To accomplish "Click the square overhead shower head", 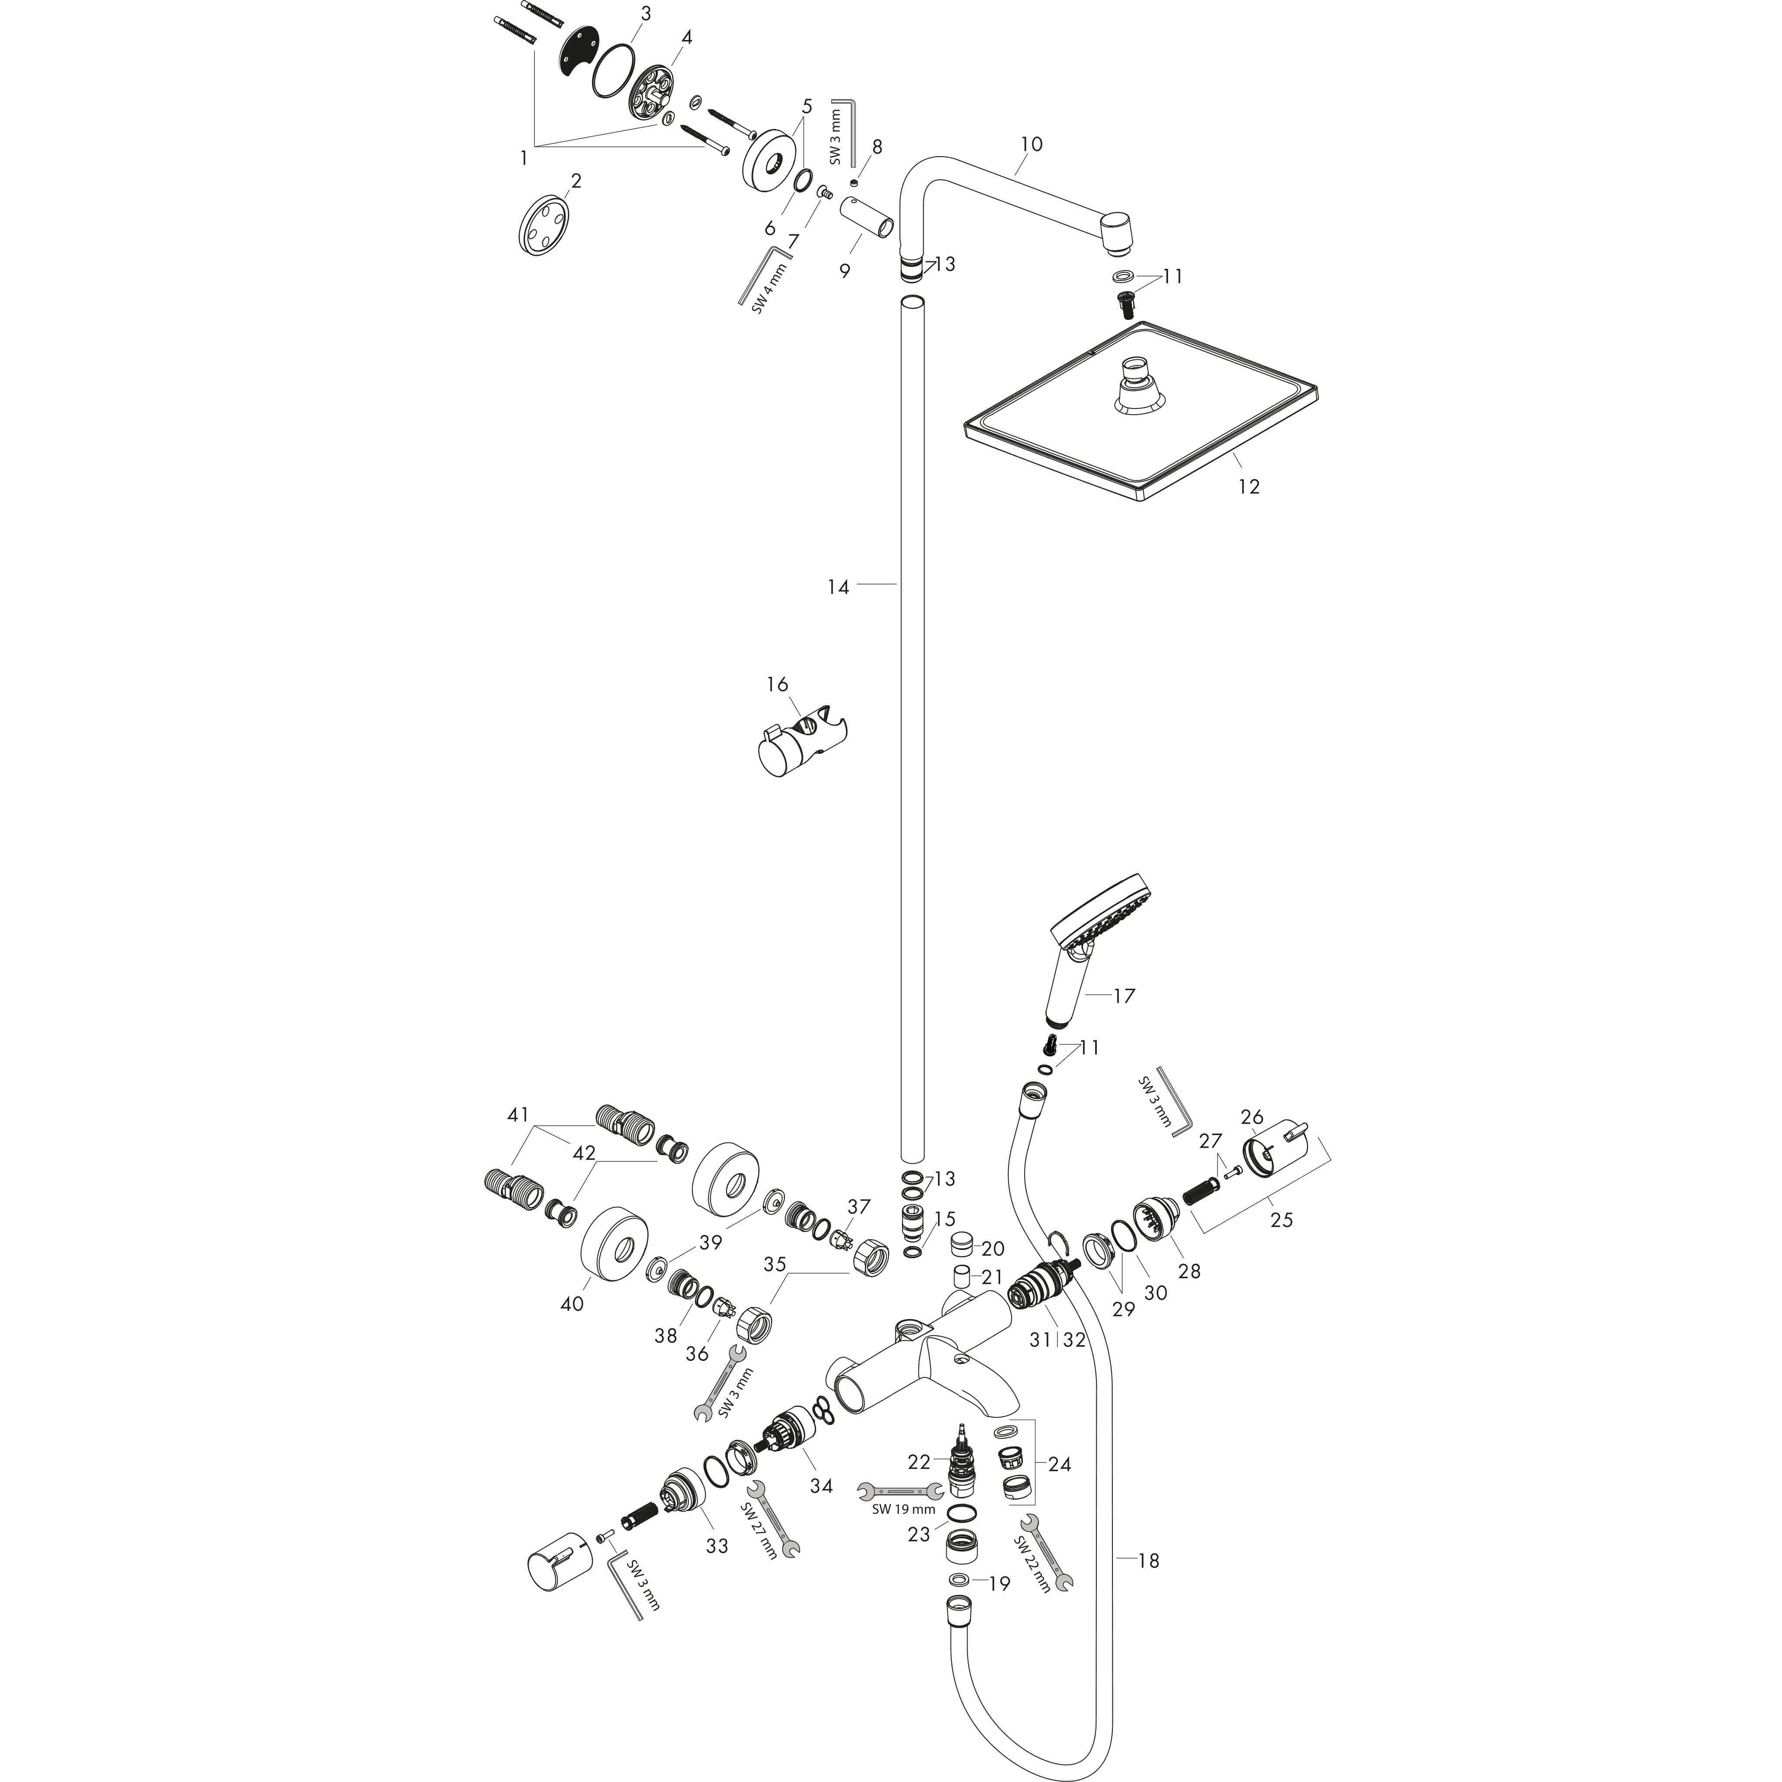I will pos(1140,410).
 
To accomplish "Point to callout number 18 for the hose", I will pos(1149,1561).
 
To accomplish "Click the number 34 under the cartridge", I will pos(821,1486).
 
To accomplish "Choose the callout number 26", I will pos(1252,1118).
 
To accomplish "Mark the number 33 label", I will pos(717,1546).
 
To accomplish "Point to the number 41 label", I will pos(518,1115).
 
